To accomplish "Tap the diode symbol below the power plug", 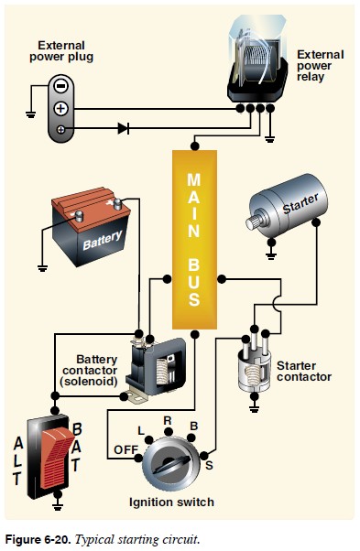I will (124, 129).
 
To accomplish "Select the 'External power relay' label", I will (321, 66).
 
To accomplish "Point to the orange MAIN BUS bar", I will (194, 238).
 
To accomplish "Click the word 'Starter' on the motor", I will (300, 203).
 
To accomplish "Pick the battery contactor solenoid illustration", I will (158, 365).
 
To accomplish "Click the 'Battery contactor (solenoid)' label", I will (96, 370).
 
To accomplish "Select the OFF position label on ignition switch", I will (125, 448).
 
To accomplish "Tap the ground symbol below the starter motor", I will (271, 246).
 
